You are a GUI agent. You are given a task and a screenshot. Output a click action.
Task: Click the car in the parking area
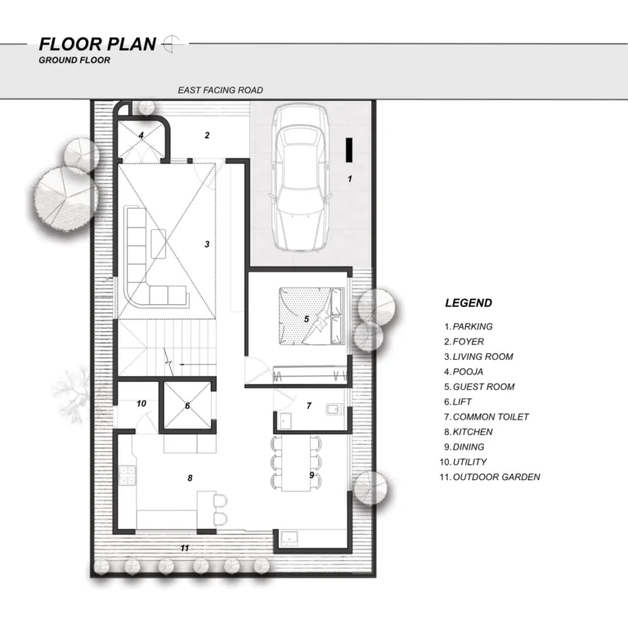click(x=301, y=178)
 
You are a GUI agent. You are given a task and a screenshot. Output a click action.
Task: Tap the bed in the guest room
click(x=312, y=316)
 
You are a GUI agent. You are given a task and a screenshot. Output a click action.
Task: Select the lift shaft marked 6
click(x=187, y=406)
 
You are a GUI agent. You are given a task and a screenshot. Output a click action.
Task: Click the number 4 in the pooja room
click(x=141, y=135)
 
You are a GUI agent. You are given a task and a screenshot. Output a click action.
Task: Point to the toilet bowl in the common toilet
click(x=334, y=409)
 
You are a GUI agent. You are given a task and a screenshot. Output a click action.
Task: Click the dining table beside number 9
click(x=296, y=464)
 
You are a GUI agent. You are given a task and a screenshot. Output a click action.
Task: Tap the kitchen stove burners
click(x=128, y=475)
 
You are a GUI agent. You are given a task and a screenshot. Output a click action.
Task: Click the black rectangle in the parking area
click(x=349, y=150)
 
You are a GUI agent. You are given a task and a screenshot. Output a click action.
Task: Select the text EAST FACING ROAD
click(x=220, y=90)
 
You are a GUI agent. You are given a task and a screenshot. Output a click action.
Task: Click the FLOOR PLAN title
click(x=97, y=44)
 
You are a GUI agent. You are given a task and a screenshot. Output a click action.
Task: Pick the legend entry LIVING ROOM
click(x=482, y=357)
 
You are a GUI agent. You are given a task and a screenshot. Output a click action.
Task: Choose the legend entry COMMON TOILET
click(x=491, y=417)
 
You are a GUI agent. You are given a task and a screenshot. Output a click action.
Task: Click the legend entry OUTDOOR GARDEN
click(x=496, y=477)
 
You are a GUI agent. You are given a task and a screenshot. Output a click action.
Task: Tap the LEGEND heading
click(x=469, y=303)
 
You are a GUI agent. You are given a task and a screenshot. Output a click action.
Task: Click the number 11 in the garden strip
click(x=185, y=548)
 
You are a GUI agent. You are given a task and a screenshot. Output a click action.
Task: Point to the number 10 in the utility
click(x=141, y=403)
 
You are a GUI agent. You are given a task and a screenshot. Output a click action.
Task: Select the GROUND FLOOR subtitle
click(x=74, y=60)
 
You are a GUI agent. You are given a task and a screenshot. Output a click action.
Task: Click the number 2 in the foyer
click(x=207, y=136)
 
